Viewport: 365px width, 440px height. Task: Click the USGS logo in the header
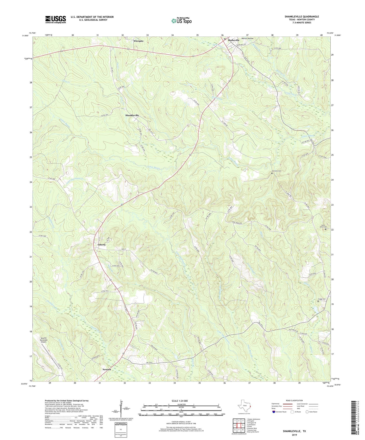pyautogui.click(x=55, y=19)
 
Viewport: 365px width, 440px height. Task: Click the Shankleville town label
pyautogui.click(x=132, y=115)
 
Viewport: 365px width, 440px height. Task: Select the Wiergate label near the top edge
pyautogui.click(x=138, y=41)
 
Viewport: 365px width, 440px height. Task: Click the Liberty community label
pyautogui.click(x=102, y=245)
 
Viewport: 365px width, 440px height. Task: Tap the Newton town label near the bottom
pyautogui.click(x=107, y=369)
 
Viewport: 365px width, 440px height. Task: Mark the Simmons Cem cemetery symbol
pyautogui.click(x=272, y=173)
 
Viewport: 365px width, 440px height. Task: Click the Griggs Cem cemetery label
pyautogui.click(x=322, y=299)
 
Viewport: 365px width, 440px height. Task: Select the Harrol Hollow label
pyautogui.click(x=247, y=39)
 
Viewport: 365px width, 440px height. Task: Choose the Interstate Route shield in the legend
pyautogui.click(x=275, y=412)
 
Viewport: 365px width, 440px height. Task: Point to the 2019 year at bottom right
pyautogui.click(x=294, y=435)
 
